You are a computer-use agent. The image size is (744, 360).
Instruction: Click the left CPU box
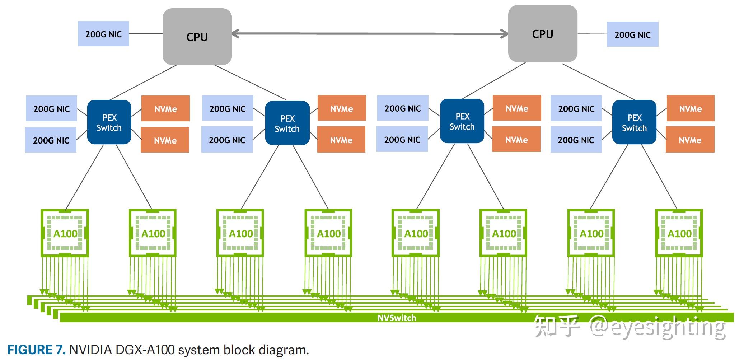197,37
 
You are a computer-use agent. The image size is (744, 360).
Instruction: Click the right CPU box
542,34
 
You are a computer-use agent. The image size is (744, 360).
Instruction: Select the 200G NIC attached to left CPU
103,34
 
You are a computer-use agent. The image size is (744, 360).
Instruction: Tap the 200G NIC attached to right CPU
632,34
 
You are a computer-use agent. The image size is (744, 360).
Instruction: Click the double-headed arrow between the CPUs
370,34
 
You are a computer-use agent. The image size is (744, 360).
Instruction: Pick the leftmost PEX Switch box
109,122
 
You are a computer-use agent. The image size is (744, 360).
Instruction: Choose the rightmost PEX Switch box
634,122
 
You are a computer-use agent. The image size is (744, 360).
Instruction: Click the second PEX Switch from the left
287,123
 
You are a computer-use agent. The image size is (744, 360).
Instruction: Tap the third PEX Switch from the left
462,121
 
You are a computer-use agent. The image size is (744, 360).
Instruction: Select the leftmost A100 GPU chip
65,233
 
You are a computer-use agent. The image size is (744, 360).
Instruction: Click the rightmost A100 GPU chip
679,233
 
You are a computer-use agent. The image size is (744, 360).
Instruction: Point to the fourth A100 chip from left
328,233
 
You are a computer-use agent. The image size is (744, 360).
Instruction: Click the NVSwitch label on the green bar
397,318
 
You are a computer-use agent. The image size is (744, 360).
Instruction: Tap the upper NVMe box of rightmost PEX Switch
690,108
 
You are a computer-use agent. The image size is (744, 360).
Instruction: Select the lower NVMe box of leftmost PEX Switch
165,140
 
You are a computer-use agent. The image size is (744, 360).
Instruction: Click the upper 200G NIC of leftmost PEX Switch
51,108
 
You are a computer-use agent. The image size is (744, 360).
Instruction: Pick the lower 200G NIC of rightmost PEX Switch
576,140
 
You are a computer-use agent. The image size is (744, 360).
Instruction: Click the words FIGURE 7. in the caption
36,350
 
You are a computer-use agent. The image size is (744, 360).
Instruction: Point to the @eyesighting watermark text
657,327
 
